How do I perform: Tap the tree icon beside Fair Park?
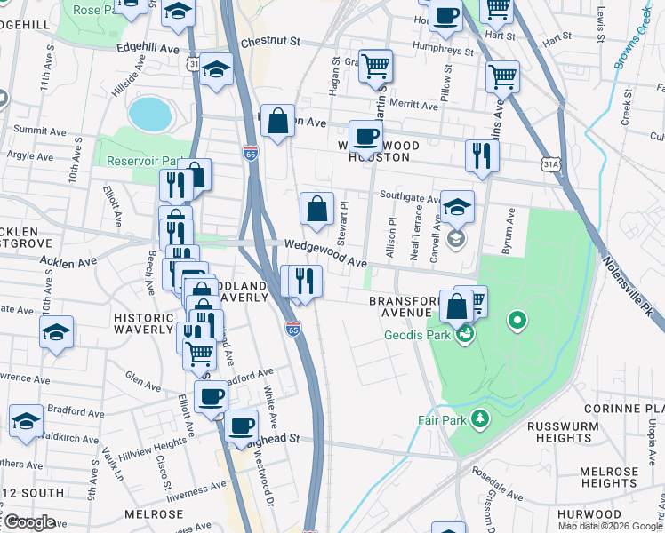point(480,418)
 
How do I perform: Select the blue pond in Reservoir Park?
point(149,114)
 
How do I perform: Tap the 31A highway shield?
point(552,164)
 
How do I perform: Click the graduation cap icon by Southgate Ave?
point(457,208)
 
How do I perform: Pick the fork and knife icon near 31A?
point(482,155)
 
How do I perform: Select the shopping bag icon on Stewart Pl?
point(316,210)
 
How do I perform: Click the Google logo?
point(28,522)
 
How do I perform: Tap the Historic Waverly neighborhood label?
point(143,323)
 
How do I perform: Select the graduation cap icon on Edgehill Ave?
point(216,70)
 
